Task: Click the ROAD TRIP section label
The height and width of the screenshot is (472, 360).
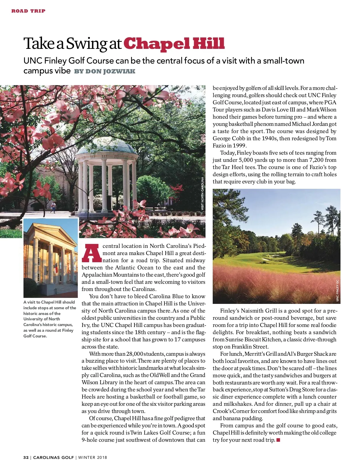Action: click(28, 11)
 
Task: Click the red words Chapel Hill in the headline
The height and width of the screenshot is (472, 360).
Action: click(174, 44)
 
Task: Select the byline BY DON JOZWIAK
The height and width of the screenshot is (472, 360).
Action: click(105, 71)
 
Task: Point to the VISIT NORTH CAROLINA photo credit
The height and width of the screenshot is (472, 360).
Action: click(202, 193)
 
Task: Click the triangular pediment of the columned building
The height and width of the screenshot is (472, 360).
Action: click(54, 232)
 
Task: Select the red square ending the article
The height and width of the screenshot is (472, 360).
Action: click(278, 440)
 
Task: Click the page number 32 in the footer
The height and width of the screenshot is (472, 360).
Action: click(26, 458)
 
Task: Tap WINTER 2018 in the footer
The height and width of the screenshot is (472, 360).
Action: click(93, 458)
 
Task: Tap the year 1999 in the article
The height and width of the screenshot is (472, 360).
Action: click(237, 146)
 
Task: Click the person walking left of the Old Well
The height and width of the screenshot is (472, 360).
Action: click(53, 206)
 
